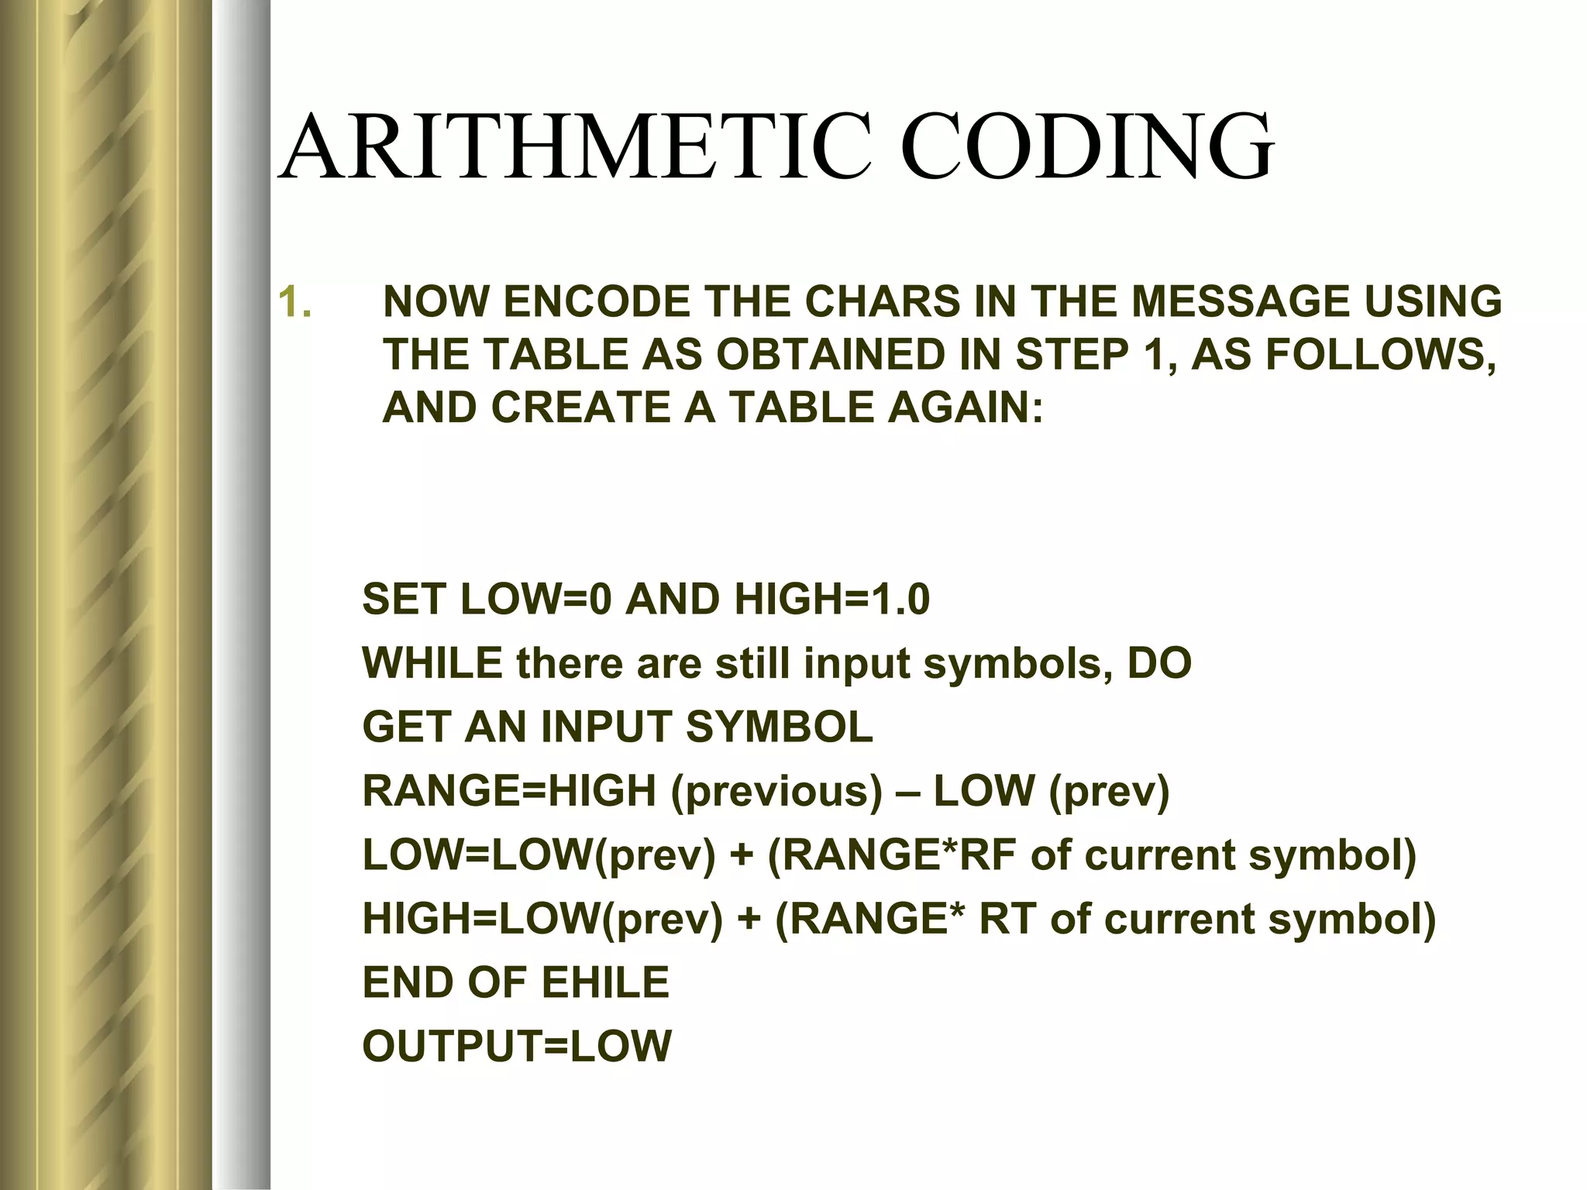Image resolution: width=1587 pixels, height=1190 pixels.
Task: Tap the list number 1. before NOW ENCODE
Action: pyautogui.click(x=294, y=302)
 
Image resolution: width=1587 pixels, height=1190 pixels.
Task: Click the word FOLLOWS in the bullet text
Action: pyautogui.click(x=1375, y=355)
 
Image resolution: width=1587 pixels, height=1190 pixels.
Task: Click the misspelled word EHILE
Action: pyautogui.click(x=604, y=982)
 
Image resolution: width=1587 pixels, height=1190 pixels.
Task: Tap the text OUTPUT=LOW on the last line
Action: pyautogui.click(x=517, y=1046)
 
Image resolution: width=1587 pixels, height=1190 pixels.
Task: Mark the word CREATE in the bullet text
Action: pyautogui.click(x=580, y=408)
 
